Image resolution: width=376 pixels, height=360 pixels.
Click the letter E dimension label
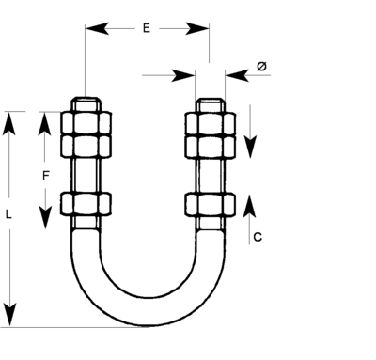tap(147, 28)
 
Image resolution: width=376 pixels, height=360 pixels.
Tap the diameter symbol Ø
tap(261, 66)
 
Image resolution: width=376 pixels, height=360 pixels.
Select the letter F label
tap(45, 175)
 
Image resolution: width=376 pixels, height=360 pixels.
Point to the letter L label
tap(9, 214)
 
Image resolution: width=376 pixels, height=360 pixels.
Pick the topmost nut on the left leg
tap(86, 122)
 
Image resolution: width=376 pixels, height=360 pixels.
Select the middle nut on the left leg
tap(86, 145)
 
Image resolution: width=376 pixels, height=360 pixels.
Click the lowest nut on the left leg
tap(86, 203)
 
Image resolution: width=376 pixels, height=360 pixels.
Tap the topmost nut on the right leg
tap(210, 122)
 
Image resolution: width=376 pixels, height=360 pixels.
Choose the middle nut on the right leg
tap(210, 145)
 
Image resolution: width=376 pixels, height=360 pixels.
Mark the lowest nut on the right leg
tap(210, 203)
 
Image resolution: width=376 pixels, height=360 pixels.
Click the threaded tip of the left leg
tap(86, 103)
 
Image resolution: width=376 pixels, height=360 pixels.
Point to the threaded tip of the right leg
tap(210, 103)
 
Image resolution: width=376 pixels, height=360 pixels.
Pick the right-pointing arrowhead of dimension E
tap(199, 29)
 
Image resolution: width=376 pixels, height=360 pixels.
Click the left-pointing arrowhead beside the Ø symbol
tap(234, 72)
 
